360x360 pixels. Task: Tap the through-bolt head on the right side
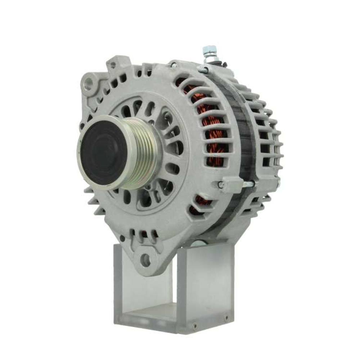click(221, 185)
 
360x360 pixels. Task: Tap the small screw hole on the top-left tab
click(113, 65)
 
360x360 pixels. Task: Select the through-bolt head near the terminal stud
click(174, 65)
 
